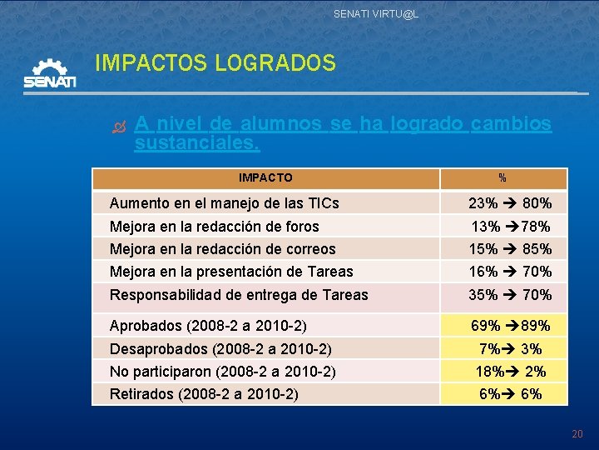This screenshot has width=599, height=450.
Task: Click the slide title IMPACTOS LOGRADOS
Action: pyautogui.click(x=215, y=62)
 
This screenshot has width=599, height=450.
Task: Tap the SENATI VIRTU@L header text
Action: pyautogui.click(x=376, y=14)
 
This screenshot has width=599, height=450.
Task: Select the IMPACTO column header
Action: pyautogui.click(x=265, y=177)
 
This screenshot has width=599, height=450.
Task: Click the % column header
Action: pyautogui.click(x=502, y=177)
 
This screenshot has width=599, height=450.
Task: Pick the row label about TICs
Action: pyautogui.click(x=225, y=202)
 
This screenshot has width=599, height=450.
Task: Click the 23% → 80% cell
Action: pyautogui.click(x=510, y=202)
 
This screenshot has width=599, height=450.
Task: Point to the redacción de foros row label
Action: pyautogui.click(x=215, y=226)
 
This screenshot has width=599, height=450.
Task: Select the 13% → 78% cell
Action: pyautogui.click(x=510, y=226)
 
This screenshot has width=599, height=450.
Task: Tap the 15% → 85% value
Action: pyautogui.click(x=510, y=248)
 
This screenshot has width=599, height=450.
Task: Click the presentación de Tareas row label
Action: pyautogui.click(x=231, y=271)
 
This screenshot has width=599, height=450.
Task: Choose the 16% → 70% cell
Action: pyautogui.click(x=510, y=271)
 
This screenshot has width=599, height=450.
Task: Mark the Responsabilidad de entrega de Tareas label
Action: pyautogui.click(x=239, y=294)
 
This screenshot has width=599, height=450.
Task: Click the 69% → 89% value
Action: pyautogui.click(x=510, y=326)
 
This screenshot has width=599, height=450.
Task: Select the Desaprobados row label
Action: pyautogui.click(x=221, y=348)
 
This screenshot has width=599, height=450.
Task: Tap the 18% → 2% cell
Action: pyautogui.click(x=510, y=372)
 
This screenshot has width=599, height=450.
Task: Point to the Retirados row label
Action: pyautogui.click(x=204, y=393)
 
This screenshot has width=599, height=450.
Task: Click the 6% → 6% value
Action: pyautogui.click(x=510, y=393)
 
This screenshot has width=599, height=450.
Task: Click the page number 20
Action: pyautogui.click(x=577, y=434)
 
